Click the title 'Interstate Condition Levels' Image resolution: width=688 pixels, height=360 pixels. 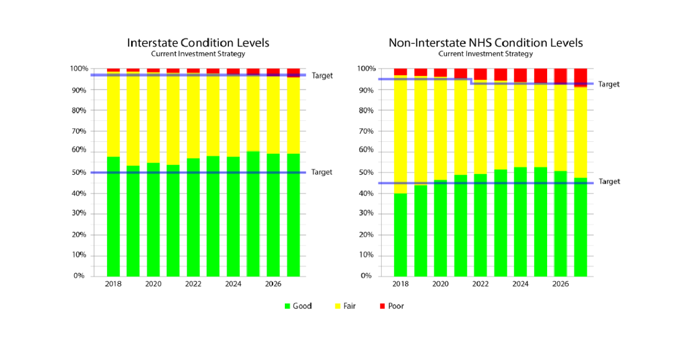pos(198,42)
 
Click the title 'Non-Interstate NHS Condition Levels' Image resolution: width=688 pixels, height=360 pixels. pos(485,42)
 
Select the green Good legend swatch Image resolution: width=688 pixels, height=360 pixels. pos(288,306)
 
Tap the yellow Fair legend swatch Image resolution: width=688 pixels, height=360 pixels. pos(338,306)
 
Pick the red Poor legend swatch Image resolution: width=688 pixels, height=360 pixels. pos(383,306)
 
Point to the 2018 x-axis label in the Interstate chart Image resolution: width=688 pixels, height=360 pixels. pos(113,284)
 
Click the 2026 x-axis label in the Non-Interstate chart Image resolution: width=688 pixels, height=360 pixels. pos(561,284)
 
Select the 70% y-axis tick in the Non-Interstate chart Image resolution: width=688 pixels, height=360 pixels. pos(365,131)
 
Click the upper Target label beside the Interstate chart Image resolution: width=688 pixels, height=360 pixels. pos(322,76)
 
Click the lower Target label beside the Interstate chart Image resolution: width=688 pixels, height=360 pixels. pos(322,172)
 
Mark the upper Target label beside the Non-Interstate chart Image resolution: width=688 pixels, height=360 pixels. pos(609,84)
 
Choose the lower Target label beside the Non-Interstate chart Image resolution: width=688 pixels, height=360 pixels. pos(609,182)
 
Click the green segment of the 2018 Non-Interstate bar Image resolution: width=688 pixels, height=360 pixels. pos(400,236)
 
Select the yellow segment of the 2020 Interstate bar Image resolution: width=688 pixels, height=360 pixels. pos(153,118)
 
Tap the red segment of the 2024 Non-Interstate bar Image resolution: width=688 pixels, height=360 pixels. pos(520,75)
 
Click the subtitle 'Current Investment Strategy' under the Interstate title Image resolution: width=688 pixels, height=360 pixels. pos(198,54)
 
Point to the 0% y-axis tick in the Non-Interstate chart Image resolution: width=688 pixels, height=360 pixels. pos(365,276)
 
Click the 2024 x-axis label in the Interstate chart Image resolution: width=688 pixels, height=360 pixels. pos(233,284)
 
